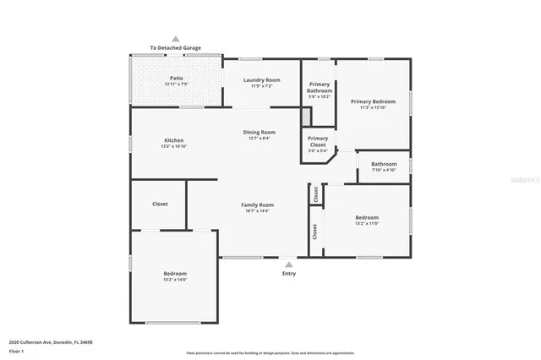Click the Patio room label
click(176, 81)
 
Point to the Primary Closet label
click(318, 142)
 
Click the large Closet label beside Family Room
click(160, 205)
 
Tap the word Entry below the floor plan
click(289, 273)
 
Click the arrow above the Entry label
click(289, 264)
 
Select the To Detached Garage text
click(176, 48)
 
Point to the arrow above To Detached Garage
click(176, 38)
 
